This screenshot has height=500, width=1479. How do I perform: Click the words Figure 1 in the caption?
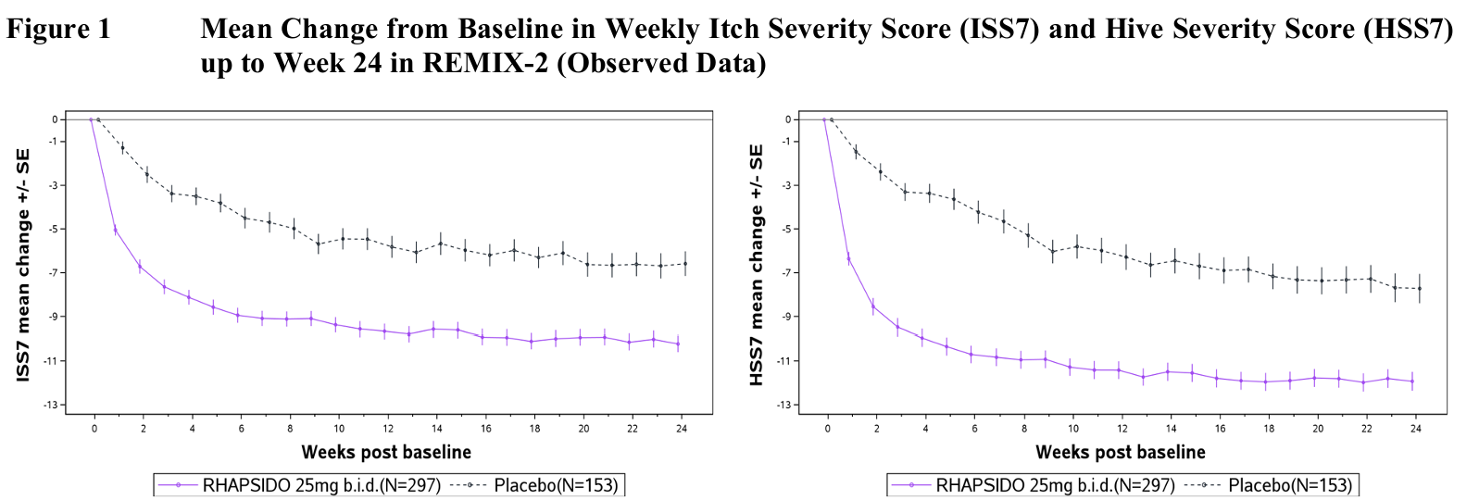tap(57, 30)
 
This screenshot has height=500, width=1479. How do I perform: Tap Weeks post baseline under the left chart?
tap(386, 452)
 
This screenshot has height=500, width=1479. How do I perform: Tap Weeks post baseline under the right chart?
tap(1121, 452)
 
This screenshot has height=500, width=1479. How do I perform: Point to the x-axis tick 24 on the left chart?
tap(681, 429)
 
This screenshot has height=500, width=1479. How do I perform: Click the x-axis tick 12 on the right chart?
tap(1122, 429)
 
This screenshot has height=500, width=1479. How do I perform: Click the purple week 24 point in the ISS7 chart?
tap(678, 344)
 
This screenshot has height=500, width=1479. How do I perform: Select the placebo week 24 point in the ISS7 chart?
tap(685, 264)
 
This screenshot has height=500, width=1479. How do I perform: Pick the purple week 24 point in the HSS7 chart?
tap(1412, 381)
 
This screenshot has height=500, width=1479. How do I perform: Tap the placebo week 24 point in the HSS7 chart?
tap(1420, 289)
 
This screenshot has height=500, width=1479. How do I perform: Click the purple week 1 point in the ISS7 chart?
tap(116, 230)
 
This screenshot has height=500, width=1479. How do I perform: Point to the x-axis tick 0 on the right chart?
tap(828, 429)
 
